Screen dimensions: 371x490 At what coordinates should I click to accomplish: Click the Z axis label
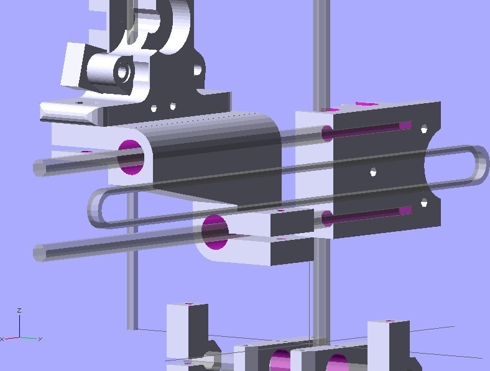[x=20, y=309]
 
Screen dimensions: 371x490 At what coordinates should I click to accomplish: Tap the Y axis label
[x=40, y=339]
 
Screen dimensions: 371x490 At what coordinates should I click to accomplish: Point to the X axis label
[x=2, y=339]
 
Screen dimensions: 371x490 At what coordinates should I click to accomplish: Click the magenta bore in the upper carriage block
[x=131, y=157]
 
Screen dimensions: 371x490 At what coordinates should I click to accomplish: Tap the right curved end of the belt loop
[x=478, y=165]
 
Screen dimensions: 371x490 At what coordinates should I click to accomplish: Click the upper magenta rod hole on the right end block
[x=328, y=132]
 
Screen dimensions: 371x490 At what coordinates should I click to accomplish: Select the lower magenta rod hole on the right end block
[x=327, y=218]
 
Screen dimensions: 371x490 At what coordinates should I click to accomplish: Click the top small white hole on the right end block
[x=424, y=129]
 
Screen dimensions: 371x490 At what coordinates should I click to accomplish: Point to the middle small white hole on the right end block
[x=372, y=172]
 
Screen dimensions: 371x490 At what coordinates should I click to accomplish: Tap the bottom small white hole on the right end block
[x=424, y=203]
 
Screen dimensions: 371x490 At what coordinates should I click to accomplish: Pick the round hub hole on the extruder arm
[x=122, y=72]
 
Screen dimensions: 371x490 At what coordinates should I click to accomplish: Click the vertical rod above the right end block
[x=321, y=50]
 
